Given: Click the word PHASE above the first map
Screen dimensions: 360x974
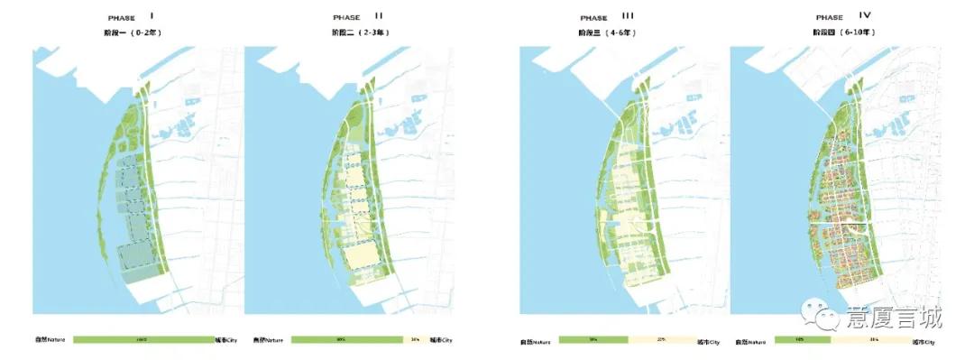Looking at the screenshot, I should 121,17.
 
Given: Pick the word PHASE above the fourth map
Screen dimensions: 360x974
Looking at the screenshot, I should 830,17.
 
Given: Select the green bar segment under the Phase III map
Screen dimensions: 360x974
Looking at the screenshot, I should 593,340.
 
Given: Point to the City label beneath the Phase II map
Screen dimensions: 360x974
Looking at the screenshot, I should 440,340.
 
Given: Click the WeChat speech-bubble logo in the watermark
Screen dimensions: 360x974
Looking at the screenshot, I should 827,317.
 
